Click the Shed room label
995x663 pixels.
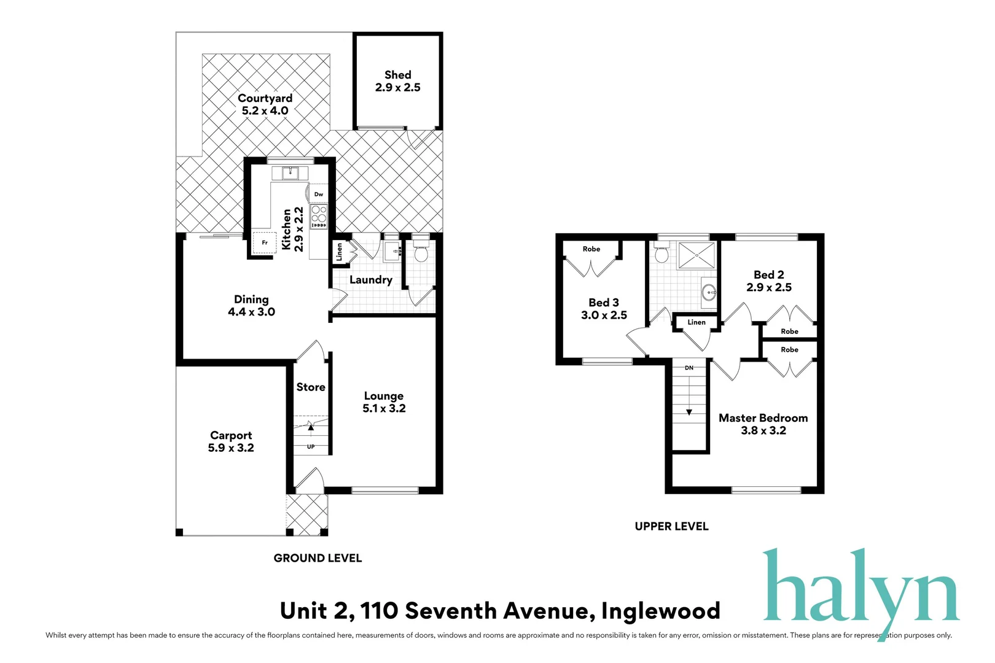coord(398,75)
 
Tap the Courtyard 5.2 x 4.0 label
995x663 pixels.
coord(265,104)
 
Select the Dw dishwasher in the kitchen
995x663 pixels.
coord(319,194)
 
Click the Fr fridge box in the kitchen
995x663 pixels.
coord(265,242)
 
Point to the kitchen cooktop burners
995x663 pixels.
coord(319,214)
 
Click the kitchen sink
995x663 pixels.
coord(290,173)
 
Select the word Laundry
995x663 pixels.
coord(370,280)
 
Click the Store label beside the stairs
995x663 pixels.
coord(311,387)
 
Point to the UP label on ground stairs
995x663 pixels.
coord(311,446)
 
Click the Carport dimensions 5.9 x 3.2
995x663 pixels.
coord(231,448)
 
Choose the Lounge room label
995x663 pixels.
coord(384,396)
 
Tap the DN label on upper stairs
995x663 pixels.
coord(689,368)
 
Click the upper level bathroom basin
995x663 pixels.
coord(709,292)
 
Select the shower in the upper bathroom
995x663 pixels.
coord(696,255)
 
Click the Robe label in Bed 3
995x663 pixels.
coord(591,249)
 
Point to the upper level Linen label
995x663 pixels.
coord(696,322)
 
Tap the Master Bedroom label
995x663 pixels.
coord(763,418)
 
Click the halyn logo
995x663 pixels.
coord(860,589)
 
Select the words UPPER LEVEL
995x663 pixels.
coord(671,527)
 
